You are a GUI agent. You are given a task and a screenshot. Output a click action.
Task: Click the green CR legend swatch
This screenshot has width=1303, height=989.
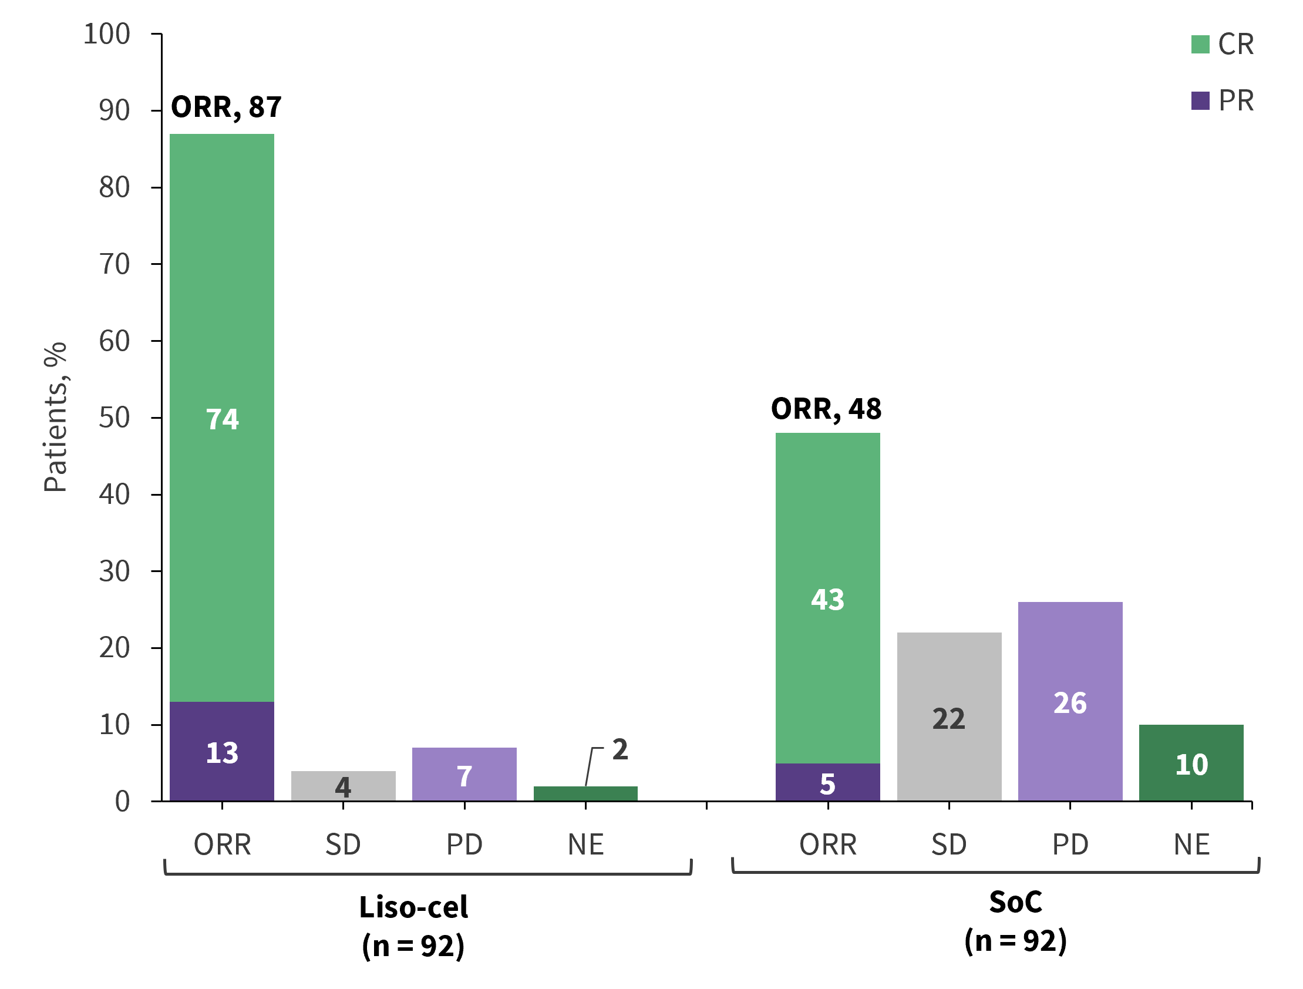1200,44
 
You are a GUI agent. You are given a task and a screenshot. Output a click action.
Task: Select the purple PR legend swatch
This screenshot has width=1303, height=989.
1200,101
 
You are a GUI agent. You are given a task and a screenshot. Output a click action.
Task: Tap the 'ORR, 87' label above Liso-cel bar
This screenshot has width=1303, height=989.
226,107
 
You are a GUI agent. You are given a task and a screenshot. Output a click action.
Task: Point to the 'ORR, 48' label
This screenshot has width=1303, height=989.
826,409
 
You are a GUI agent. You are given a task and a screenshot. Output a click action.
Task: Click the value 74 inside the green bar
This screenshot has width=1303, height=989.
222,419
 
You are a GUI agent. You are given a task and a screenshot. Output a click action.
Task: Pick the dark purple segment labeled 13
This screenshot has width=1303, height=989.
222,752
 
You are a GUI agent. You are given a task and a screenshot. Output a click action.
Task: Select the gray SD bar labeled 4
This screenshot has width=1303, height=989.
343,786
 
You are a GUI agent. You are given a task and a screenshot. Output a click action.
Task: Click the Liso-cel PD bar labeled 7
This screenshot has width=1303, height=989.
464,774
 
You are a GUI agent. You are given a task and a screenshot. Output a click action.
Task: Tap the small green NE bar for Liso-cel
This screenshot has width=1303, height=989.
585,793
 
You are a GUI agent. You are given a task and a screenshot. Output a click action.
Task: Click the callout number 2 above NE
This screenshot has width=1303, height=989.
619,749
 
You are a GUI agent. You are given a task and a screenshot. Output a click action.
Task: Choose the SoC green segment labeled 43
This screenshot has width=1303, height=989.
827,599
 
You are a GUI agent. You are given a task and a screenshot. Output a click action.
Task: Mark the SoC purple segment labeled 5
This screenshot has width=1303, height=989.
827,783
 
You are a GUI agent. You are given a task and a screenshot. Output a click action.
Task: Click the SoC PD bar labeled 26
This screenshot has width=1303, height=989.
1070,702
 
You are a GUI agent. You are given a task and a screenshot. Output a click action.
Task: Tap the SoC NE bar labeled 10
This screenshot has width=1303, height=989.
1191,763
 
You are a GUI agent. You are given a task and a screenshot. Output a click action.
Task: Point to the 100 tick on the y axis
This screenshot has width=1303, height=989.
107,34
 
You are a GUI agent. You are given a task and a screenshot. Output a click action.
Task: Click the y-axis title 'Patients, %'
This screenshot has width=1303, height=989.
55,417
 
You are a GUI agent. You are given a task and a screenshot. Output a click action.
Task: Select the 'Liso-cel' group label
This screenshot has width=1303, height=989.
413,907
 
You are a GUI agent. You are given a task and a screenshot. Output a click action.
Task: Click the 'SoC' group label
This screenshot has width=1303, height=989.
1015,902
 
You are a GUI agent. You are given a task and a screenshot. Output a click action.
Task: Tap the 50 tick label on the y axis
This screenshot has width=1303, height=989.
115,418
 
